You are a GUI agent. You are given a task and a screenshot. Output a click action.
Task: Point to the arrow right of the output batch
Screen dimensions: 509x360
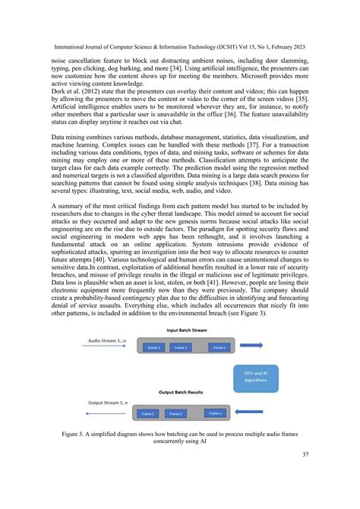(x=263, y=413)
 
